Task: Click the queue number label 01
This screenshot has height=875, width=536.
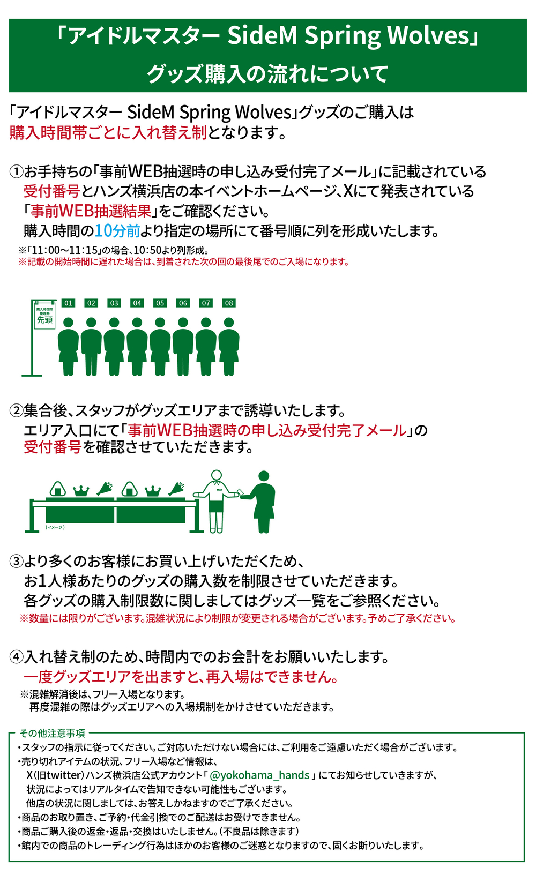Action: tap(69, 303)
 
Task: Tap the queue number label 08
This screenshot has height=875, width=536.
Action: tap(229, 303)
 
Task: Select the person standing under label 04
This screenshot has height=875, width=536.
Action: tap(137, 347)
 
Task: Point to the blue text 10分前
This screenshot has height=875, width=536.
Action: tap(117, 231)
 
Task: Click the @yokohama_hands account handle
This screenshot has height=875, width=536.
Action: tap(259, 775)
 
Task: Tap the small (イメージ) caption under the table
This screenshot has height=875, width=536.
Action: tap(55, 527)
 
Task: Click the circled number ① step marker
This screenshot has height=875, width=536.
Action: tap(16, 172)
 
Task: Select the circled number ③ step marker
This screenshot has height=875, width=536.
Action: tap(16, 562)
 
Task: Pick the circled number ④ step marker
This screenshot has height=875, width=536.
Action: tap(16, 657)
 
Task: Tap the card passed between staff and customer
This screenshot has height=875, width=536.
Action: tap(240, 492)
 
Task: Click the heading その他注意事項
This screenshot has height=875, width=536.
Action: tap(52, 733)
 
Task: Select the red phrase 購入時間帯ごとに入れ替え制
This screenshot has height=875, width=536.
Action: tap(108, 133)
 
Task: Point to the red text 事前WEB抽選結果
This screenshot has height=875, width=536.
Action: tap(91, 211)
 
